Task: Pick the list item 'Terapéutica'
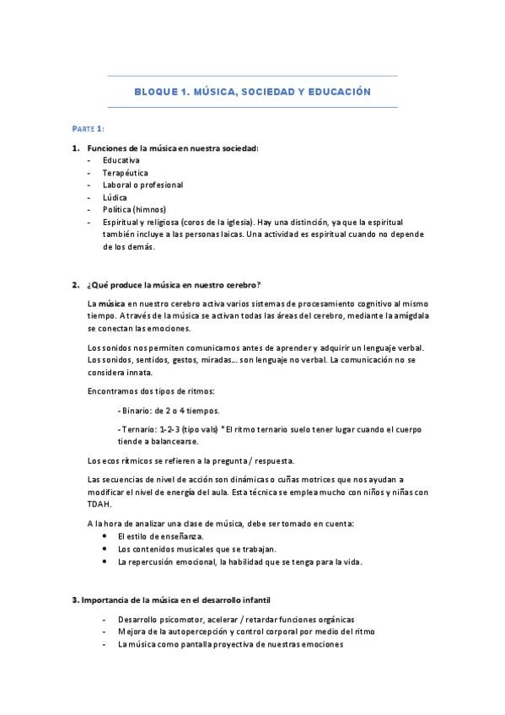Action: (126, 172)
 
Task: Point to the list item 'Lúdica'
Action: (116, 197)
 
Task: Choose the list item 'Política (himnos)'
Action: (135, 210)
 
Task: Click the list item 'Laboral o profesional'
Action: (142, 185)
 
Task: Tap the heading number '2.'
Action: (76, 284)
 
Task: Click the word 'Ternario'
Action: (141, 430)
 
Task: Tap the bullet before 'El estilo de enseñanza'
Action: (105, 535)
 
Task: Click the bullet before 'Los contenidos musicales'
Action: (105, 549)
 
